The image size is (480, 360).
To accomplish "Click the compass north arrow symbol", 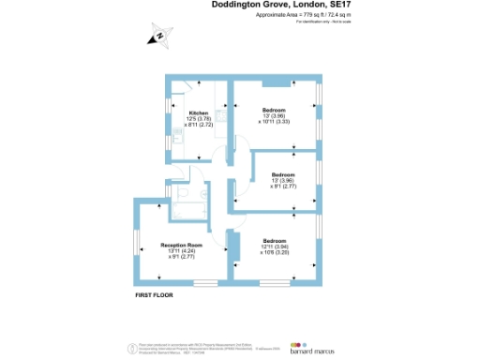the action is [160, 37].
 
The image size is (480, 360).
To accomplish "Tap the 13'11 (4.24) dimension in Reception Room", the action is [181, 251].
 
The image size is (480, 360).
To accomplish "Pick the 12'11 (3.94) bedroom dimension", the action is [275, 247].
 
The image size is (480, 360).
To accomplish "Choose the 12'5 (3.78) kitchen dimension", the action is [198, 120].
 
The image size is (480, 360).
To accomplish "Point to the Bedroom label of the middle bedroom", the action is [283, 175].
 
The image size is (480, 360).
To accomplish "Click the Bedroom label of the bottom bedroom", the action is [275, 241].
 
